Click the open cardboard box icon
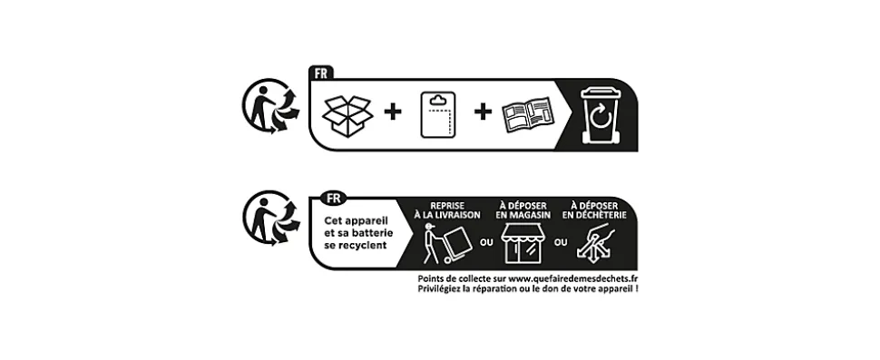click(x=347, y=116)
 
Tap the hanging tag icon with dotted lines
click(x=438, y=115)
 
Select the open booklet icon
click(x=527, y=114)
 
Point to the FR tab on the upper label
click(x=321, y=73)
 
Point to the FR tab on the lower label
click(x=333, y=198)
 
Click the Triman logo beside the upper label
click(x=270, y=106)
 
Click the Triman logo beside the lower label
click(x=270, y=219)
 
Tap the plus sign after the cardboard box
click(x=393, y=112)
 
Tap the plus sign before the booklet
click(x=483, y=112)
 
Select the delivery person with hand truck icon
click(x=446, y=243)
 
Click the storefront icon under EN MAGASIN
click(x=523, y=243)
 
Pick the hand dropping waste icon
click(x=595, y=242)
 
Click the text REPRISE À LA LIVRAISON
click(x=447, y=210)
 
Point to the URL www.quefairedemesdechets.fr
click(x=574, y=278)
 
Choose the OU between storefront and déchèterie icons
click(x=561, y=243)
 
